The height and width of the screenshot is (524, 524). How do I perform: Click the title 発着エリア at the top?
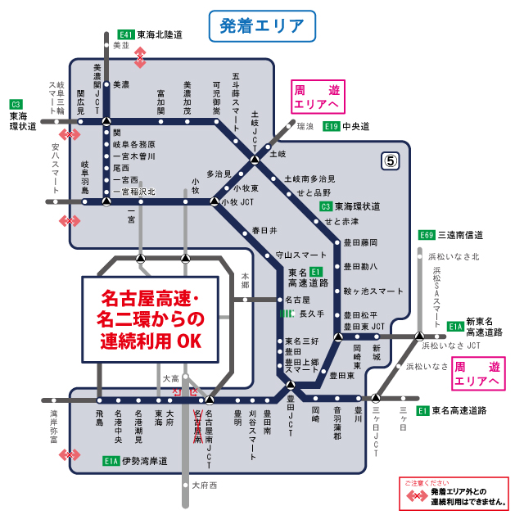point(261,25)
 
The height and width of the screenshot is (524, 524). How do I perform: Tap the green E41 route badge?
point(126,35)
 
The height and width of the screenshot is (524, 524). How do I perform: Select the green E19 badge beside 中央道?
point(331,126)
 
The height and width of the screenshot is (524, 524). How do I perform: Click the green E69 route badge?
point(427,235)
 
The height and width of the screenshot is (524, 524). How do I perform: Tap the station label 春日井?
point(264,230)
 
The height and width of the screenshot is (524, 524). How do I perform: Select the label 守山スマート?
point(301,255)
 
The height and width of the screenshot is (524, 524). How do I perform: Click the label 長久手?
point(312,314)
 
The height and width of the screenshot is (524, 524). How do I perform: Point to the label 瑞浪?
point(305,126)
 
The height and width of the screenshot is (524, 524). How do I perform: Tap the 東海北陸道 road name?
point(160,35)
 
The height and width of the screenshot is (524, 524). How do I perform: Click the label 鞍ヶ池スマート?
point(373,291)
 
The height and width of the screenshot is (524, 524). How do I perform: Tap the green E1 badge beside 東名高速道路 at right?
point(423,410)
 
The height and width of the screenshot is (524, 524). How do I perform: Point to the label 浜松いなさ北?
point(454,257)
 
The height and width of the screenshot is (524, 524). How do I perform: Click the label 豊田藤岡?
point(360,242)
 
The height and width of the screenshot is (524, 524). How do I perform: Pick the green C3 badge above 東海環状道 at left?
point(16,104)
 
